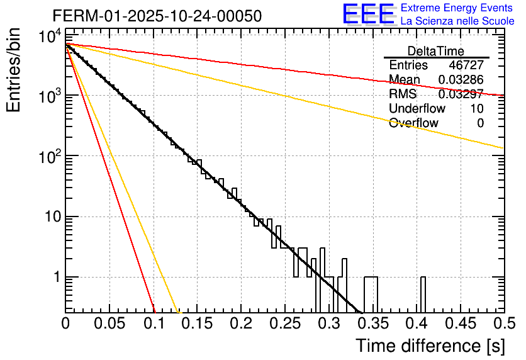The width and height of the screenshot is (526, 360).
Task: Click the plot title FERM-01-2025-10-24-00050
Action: [157, 16]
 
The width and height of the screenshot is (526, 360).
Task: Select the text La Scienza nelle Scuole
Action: [457, 21]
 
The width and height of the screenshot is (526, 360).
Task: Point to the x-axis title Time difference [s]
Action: [430, 346]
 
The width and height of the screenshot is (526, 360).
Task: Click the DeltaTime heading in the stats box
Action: [436, 51]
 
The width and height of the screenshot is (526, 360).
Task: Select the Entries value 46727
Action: [466, 65]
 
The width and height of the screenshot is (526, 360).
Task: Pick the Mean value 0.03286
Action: [461, 80]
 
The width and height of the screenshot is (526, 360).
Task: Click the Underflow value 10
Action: [477, 109]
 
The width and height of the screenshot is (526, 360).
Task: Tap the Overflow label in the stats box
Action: [413, 123]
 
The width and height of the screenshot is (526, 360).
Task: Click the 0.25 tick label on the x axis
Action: [284, 325]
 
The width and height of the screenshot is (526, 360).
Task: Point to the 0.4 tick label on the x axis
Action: [416, 325]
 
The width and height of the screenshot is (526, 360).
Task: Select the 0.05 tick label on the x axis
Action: [109, 325]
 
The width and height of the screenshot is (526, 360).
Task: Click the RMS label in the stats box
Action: [403, 94]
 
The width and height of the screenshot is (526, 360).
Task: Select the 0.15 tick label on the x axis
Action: [197, 325]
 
